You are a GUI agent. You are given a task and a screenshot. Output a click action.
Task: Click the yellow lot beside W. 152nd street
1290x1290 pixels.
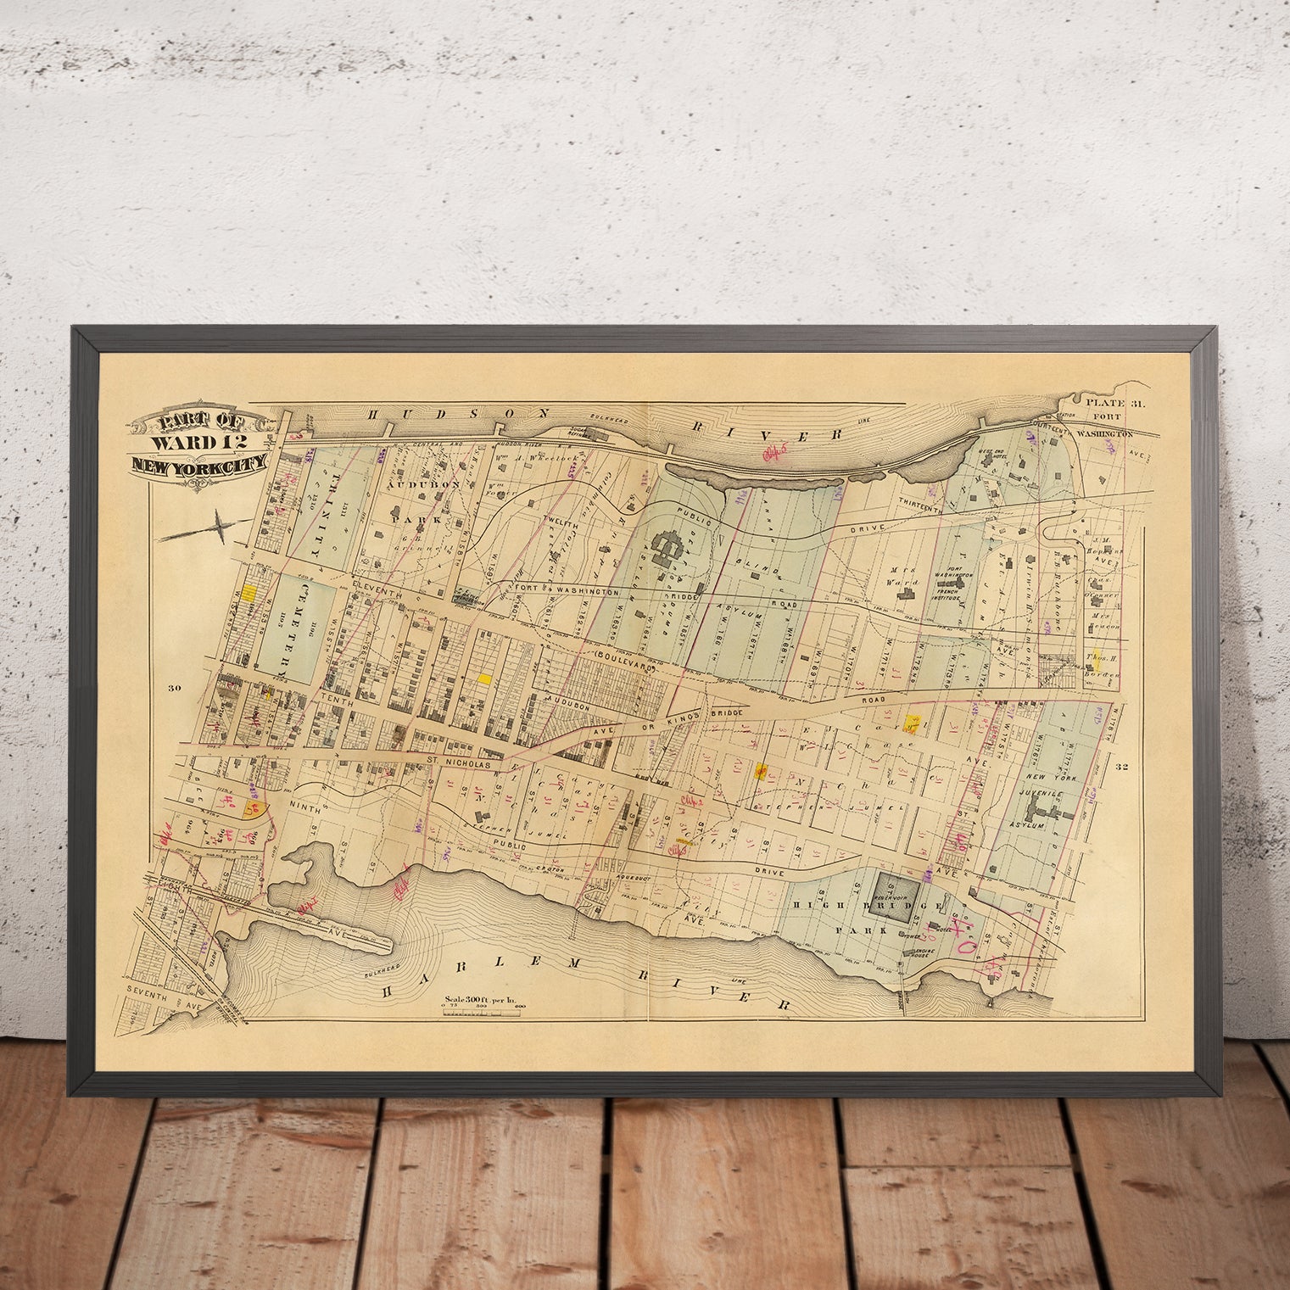pyautogui.click(x=249, y=593)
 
